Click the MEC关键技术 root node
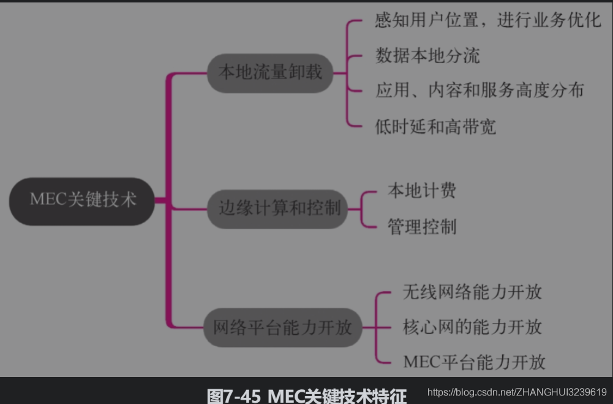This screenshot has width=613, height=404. [83, 200]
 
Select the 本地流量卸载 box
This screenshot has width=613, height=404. [270, 73]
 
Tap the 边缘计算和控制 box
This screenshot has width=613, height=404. [280, 208]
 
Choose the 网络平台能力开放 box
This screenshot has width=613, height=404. [282, 327]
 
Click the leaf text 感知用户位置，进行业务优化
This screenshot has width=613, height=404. [488, 21]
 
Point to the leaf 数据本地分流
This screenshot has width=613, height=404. [427, 56]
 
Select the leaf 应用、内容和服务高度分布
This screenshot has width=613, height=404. [479, 91]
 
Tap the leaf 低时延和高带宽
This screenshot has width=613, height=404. [435, 126]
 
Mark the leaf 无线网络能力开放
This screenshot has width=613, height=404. [472, 291]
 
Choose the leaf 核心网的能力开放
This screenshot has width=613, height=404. [472, 326]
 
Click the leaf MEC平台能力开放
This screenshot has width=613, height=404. [474, 362]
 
